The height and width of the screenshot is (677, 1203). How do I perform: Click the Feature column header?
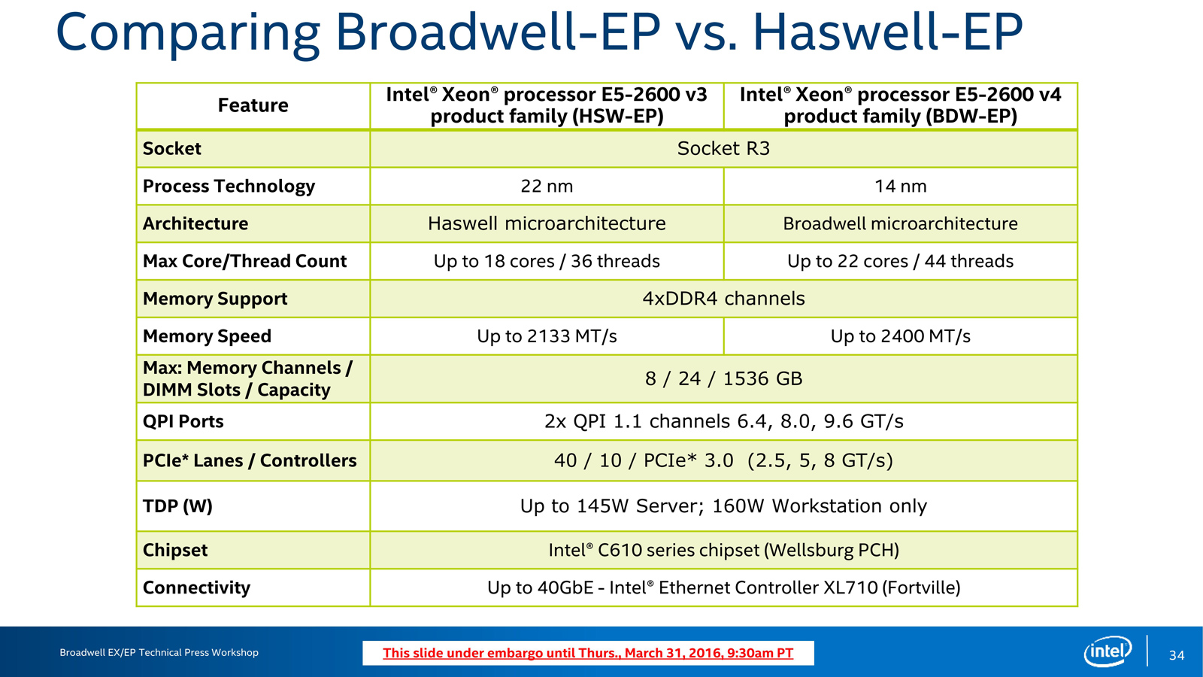(x=253, y=105)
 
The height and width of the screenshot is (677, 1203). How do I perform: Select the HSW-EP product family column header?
(x=547, y=105)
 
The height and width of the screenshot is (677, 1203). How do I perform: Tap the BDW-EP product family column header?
(x=901, y=105)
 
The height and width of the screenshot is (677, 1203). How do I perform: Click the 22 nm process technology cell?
(x=547, y=186)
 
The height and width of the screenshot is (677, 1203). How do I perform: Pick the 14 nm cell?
(x=901, y=186)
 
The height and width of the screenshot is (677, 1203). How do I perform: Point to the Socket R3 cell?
(x=723, y=148)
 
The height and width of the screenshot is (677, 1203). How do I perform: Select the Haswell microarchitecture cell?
(x=547, y=223)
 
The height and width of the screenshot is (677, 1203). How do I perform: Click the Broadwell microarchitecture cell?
(x=901, y=223)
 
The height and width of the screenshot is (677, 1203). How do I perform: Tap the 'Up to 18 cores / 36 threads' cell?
(x=547, y=261)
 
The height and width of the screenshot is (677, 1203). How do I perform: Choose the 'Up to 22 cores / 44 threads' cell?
(x=901, y=261)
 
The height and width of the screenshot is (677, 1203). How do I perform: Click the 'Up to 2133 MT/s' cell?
(x=547, y=336)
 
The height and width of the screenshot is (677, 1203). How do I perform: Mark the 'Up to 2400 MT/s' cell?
(x=901, y=336)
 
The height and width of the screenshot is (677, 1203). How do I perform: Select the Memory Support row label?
(x=215, y=299)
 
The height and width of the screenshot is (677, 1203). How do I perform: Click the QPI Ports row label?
(x=183, y=421)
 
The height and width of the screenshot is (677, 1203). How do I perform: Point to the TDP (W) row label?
(x=177, y=506)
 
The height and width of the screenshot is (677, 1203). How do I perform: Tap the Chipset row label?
(x=175, y=550)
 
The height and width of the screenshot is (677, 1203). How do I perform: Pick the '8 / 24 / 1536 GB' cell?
(x=723, y=379)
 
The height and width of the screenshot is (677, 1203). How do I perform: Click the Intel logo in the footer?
(x=1108, y=651)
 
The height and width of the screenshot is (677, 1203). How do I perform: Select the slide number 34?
(x=1177, y=655)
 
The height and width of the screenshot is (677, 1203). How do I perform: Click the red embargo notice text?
(x=588, y=654)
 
